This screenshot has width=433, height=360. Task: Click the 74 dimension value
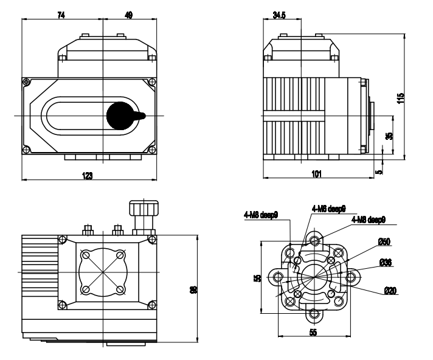[61, 15]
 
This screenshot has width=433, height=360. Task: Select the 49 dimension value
[128, 15]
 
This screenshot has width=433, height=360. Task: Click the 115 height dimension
[400, 98]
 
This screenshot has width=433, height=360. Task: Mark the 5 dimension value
[380, 172]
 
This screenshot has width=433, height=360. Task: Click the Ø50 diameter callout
[384, 242]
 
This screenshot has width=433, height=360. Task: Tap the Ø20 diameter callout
[390, 291]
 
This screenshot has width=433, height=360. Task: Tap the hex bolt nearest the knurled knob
[119, 229]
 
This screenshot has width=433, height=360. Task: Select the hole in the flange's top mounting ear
[314, 240]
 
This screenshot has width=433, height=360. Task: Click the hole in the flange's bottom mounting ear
[314, 314]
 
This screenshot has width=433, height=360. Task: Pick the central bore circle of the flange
[314, 277]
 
